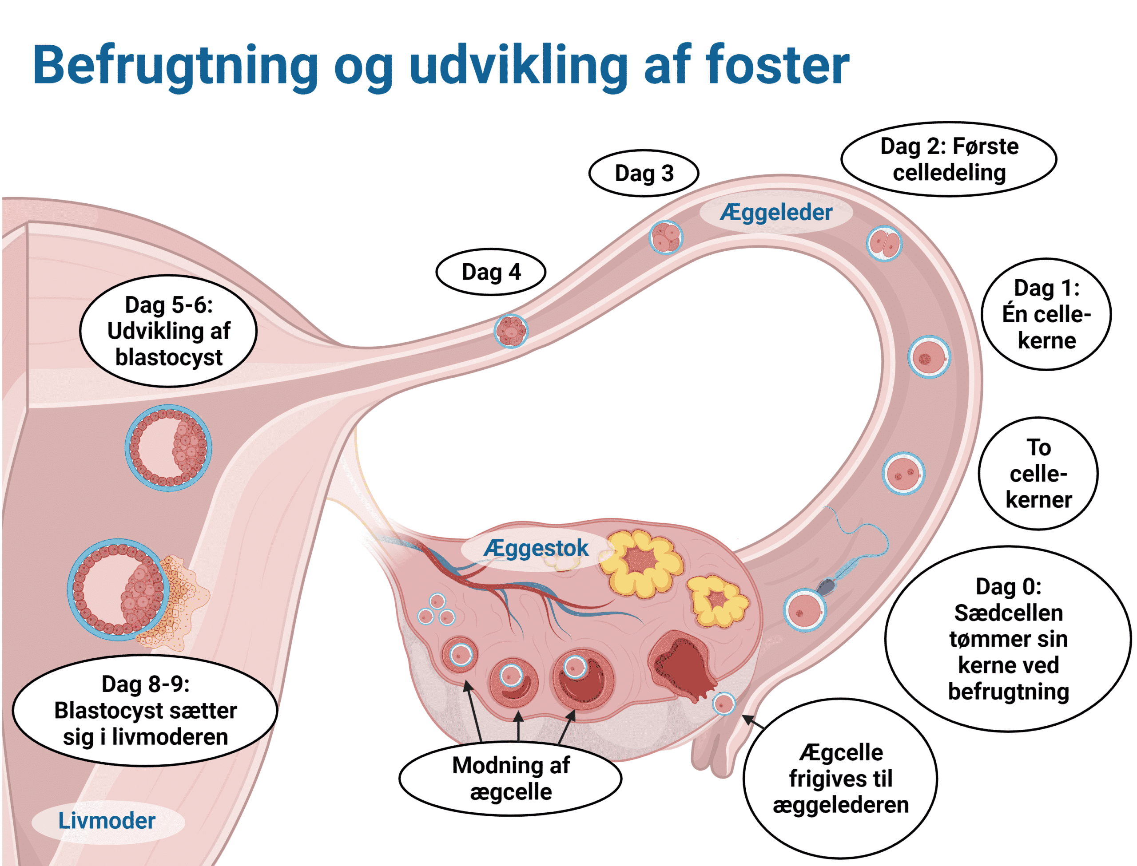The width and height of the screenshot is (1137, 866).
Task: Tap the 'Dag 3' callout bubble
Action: coord(644,174)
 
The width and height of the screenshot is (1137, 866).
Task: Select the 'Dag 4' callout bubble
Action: coord(490,272)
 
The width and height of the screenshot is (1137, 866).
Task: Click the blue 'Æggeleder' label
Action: coord(775,212)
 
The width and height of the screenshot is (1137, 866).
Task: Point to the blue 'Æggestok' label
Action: coord(535,548)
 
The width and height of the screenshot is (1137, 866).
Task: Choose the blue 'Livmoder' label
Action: coord(107,821)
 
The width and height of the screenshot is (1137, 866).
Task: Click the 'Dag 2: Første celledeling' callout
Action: coord(949,159)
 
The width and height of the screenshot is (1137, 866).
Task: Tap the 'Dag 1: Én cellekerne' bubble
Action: coord(1046,314)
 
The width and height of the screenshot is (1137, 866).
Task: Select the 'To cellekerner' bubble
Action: coord(1038,474)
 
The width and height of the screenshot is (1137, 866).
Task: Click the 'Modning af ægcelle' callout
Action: coord(510,779)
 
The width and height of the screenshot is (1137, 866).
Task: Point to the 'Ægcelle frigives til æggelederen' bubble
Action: coord(840,779)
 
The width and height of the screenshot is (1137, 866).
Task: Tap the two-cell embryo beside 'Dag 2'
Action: coord(884,243)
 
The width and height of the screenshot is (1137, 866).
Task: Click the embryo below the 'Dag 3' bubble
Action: coord(665,237)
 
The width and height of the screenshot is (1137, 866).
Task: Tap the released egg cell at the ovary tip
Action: coord(723,703)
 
